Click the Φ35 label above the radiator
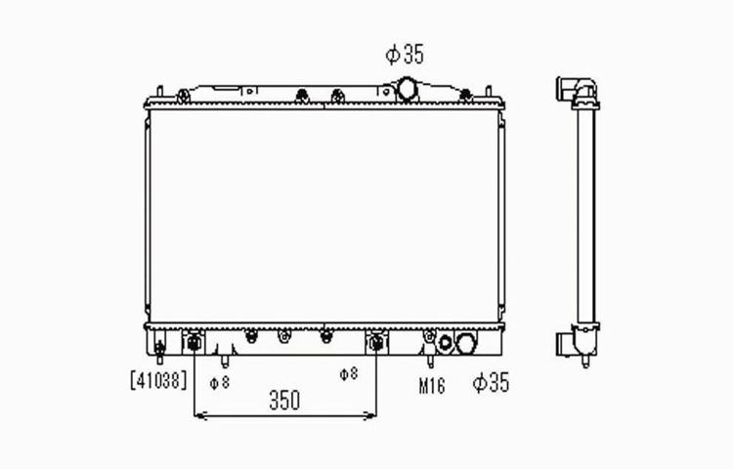[x=405, y=54]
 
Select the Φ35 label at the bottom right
[x=491, y=383]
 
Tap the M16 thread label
[x=431, y=386]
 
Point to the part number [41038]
[x=158, y=380]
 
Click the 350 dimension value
[x=284, y=401]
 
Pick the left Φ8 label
[x=220, y=383]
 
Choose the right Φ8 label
[x=349, y=373]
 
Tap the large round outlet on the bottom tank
[x=465, y=343]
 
